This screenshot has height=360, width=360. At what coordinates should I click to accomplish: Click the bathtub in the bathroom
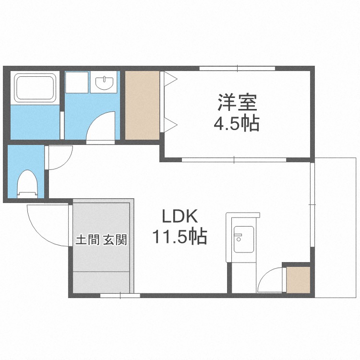tap(35, 88)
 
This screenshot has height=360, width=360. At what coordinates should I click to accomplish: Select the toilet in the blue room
tap(27, 184)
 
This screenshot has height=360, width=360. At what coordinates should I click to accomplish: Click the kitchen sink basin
tap(243, 239)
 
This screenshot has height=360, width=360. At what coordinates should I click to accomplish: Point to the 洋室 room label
tap(237, 102)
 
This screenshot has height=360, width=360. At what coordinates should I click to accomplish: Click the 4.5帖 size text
tap(237, 123)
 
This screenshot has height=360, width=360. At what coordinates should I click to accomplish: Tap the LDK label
tap(180, 216)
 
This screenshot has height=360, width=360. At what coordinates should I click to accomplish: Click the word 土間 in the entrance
tap(87, 240)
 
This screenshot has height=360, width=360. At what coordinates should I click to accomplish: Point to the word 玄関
tap(115, 240)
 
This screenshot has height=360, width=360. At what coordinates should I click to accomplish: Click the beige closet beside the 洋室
tap(142, 105)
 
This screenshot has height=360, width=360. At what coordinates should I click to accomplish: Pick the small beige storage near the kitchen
tap(298, 280)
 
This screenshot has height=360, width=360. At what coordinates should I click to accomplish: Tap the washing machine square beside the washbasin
tap(77, 83)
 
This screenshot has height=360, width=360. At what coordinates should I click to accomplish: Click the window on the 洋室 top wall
tap(237, 68)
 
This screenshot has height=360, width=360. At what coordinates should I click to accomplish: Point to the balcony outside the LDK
tap(336, 228)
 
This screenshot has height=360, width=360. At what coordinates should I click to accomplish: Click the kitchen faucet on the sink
tap(238, 237)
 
